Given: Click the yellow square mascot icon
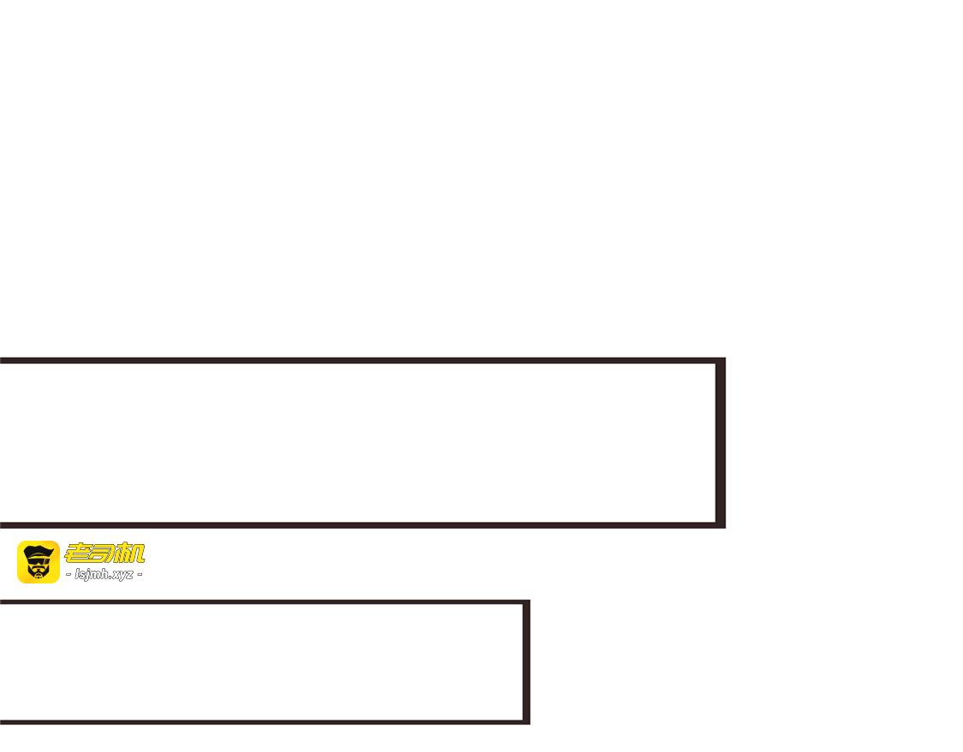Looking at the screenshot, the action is click(38, 562).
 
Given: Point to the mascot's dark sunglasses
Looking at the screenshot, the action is click(38, 560).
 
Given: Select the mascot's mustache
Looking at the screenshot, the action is click(38, 568).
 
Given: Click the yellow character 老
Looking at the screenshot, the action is click(76, 554).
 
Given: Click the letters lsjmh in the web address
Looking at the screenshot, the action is click(92, 575).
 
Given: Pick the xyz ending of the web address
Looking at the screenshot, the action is click(122, 575).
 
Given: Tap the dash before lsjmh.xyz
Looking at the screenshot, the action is click(68, 575).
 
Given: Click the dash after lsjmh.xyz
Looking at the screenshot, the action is click(140, 575).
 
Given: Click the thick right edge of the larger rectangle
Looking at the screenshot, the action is click(721, 442).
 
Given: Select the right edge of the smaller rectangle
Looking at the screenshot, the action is click(526, 662).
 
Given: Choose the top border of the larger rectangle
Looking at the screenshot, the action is click(363, 360).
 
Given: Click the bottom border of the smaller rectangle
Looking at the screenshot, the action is click(265, 722).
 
